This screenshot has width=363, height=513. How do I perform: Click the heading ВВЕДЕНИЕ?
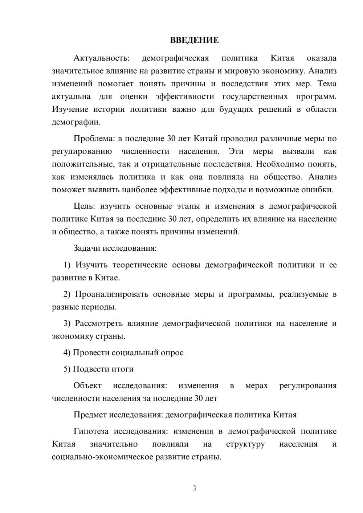click(194, 40)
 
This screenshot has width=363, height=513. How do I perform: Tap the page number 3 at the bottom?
click(194, 489)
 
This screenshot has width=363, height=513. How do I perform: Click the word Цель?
click(84, 206)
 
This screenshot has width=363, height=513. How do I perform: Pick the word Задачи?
click(87, 249)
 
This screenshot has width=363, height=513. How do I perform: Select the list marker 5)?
click(67, 369)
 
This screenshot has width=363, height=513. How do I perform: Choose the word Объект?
click(87, 386)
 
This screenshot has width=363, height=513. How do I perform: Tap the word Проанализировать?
click(112, 294)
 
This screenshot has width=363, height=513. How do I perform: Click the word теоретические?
click(140, 265)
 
